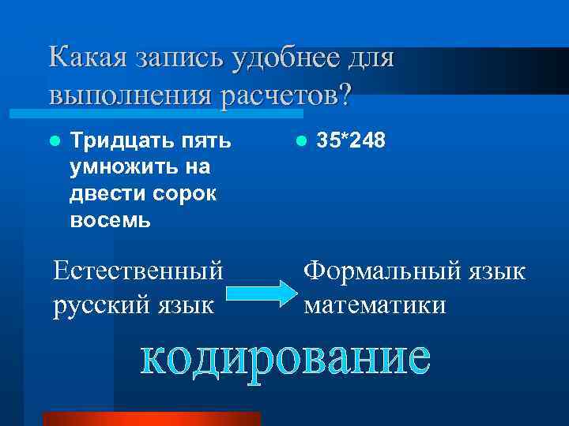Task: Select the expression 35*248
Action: coord(351,141)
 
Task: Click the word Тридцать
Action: coord(114,141)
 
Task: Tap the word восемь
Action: coord(110,219)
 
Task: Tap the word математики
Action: coord(375,304)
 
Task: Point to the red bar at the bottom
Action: coord(151,418)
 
